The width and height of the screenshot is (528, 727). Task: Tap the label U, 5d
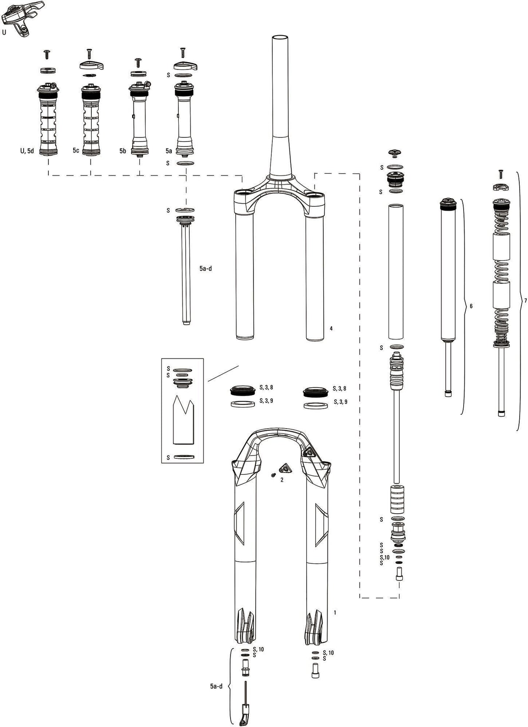[x=27, y=151]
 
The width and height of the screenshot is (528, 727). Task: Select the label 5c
[x=76, y=151]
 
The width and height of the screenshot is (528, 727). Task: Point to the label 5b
[x=123, y=151]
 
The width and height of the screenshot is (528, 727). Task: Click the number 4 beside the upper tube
[x=331, y=328]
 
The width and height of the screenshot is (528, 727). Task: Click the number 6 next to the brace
[x=471, y=306]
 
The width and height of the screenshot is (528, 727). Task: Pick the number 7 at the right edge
[x=525, y=301]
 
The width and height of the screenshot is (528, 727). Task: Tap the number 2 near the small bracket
[x=282, y=480]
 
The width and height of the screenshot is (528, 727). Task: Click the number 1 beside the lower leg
[x=335, y=613]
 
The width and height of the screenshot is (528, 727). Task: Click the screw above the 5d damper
[x=47, y=54]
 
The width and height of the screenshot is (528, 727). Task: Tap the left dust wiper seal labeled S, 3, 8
[x=242, y=390]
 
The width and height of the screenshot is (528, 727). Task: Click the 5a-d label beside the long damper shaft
[x=205, y=269]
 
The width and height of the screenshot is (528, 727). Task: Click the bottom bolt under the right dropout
[x=315, y=672]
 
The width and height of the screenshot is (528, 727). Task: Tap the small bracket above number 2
[x=285, y=469]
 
